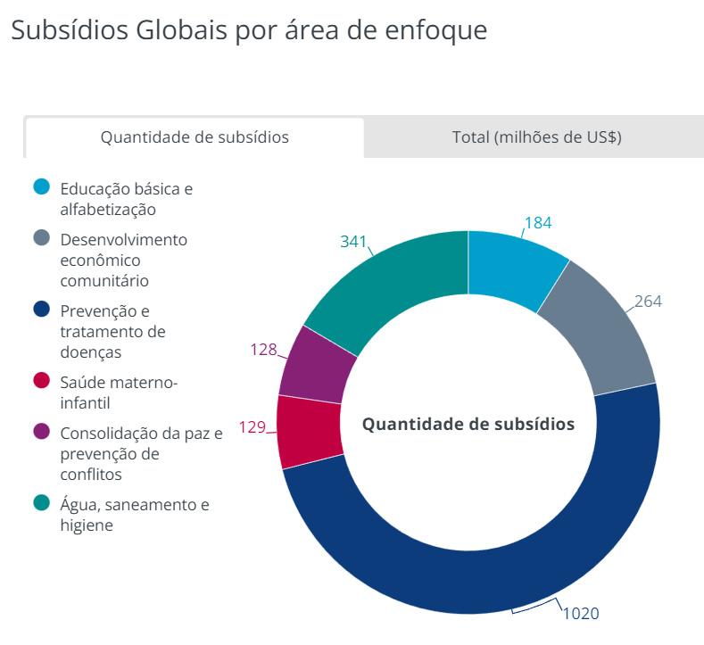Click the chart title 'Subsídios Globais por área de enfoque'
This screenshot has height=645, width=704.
(248, 29)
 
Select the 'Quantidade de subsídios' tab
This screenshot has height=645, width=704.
(195, 137)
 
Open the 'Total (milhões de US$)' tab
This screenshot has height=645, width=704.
(536, 137)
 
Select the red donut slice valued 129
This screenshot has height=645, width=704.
(309, 431)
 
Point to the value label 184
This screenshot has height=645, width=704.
(538, 223)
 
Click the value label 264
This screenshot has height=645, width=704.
(648, 302)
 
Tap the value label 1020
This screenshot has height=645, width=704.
(581, 614)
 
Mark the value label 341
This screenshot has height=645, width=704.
(354, 242)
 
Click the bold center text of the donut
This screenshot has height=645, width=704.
(468, 424)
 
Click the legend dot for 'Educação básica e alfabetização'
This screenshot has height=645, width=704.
(41, 187)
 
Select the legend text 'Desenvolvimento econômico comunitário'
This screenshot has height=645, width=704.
(123, 260)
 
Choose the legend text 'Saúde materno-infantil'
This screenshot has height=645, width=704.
(119, 393)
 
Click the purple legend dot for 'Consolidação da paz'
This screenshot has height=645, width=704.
(41, 432)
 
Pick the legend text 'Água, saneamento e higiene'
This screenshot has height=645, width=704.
(134, 515)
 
